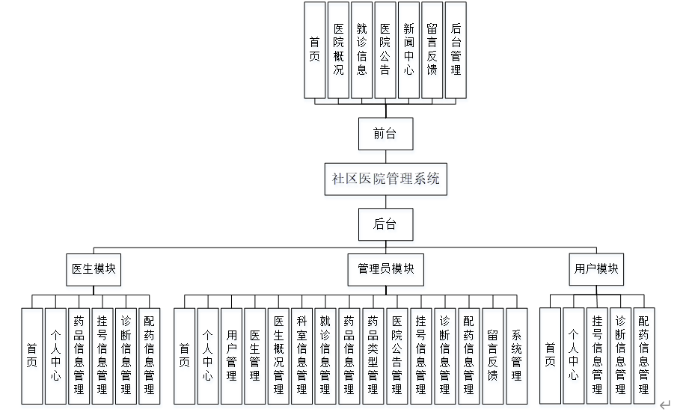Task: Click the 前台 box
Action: pyautogui.click(x=385, y=134)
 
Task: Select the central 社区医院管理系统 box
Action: pyautogui.click(x=386, y=179)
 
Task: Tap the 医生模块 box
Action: pyautogui.click(x=94, y=269)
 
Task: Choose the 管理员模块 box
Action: pyautogui.click(x=385, y=269)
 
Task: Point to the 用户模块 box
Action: pyautogui.click(x=596, y=269)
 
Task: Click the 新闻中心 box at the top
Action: pyautogui.click(x=408, y=49)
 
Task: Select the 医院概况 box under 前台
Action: pyautogui.click(x=338, y=49)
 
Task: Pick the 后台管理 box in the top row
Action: pyautogui.click(x=455, y=49)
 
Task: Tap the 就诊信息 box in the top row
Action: pyautogui.click(x=361, y=49)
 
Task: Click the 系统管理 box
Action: pyautogui.click(x=516, y=356)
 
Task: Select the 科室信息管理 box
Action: pyautogui.click(x=302, y=356)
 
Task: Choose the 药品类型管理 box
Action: pyautogui.click(x=373, y=356)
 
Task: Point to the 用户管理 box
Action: pyautogui.click(x=231, y=356)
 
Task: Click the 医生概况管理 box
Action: pyautogui.click(x=278, y=356)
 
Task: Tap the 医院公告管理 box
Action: pyautogui.click(x=396, y=356)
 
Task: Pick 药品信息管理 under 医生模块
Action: pyautogui.click(x=79, y=356)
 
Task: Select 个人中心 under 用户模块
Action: pyautogui.click(x=573, y=356)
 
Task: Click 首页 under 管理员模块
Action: pyautogui.click(x=184, y=356)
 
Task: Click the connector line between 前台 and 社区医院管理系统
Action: pyautogui.click(x=385, y=156)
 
